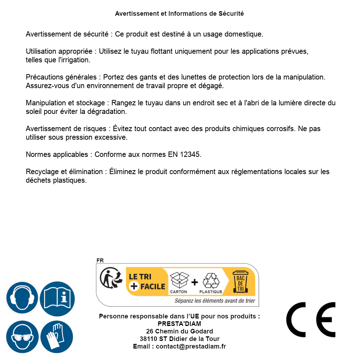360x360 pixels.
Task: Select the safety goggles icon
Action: click(22, 337)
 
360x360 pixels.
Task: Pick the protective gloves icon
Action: click(57, 337)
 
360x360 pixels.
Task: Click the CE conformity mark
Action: click(311, 320)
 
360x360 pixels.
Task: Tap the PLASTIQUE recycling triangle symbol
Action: click(211, 280)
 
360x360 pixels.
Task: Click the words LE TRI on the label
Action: click(139, 277)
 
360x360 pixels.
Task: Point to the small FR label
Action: click(100, 260)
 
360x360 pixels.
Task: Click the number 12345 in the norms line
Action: click(189, 154)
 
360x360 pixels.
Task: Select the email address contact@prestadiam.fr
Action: click(191, 346)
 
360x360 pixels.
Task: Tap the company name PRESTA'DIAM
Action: click(179, 324)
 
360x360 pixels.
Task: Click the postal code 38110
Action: click(149, 339)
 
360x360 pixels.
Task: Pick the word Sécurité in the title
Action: click(231, 14)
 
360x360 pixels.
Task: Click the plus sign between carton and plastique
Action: click(195, 282)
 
